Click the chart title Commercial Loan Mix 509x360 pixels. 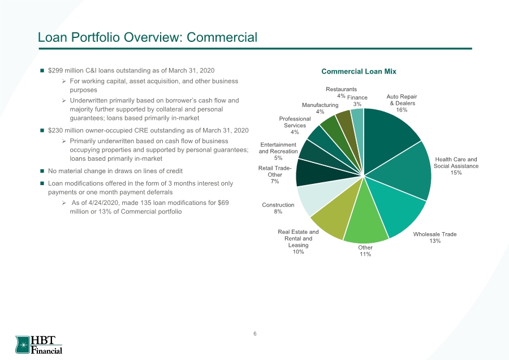click(359, 71)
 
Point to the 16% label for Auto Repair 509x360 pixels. click(402, 110)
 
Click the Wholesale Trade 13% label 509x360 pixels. click(435, 238)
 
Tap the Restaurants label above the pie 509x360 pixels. click(341, 89)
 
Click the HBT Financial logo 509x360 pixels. click(38, 345)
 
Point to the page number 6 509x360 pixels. click(255, 334)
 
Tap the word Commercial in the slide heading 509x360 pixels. click(222, 37)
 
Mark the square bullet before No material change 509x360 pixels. click(42, 171)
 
